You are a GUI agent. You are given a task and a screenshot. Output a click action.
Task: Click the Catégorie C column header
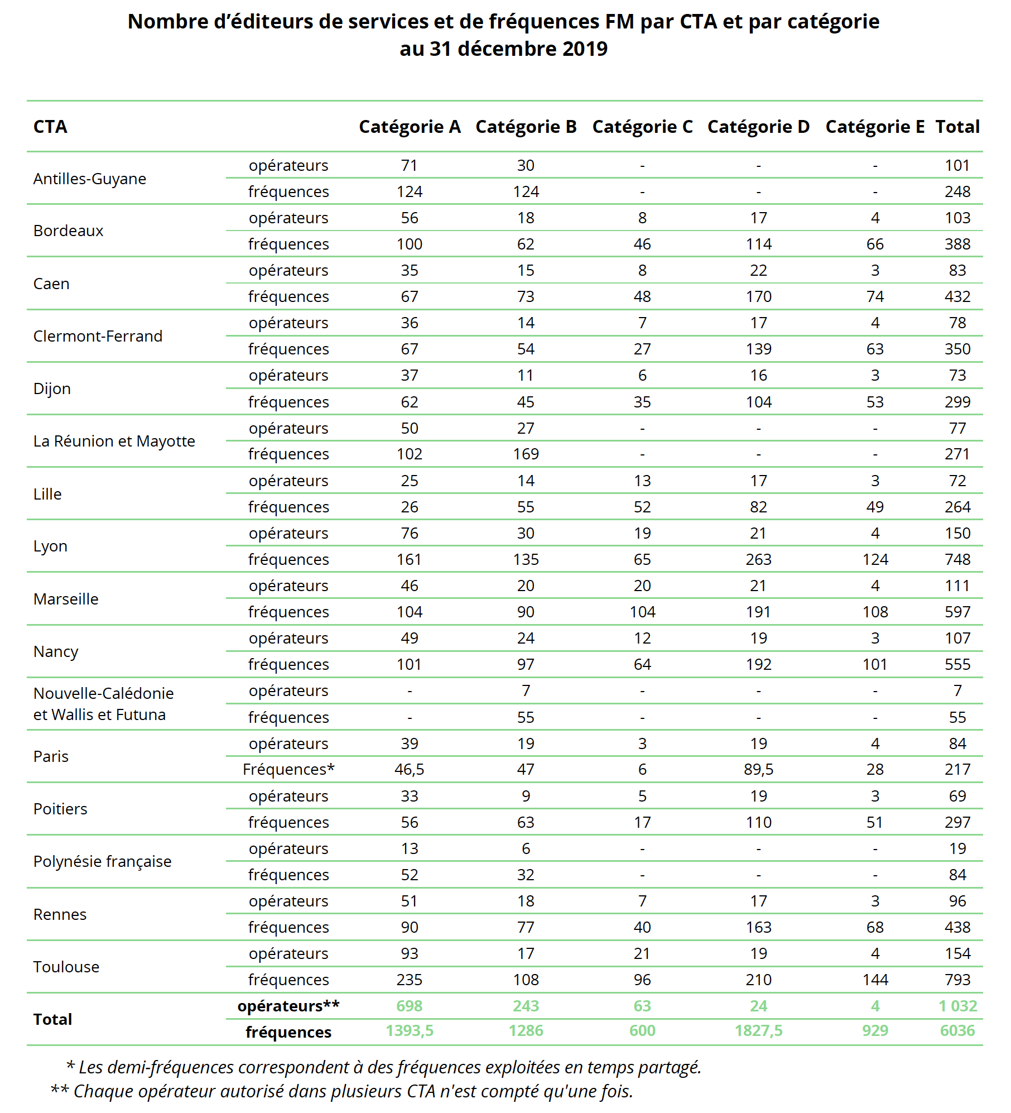(x=642, y=127)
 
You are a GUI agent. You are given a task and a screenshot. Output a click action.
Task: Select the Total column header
(x=957, y=127)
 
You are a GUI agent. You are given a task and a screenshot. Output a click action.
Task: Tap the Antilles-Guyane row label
(x=90, y=179)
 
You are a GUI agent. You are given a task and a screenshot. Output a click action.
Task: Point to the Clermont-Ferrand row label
(x=98, y=336)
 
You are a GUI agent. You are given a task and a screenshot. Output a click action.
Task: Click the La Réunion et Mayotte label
(x=114, y=441)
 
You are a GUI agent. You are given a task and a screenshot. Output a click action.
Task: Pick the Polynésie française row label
(x=102, y=861)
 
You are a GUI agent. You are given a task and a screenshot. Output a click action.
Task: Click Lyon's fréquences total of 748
(x=957, y=559)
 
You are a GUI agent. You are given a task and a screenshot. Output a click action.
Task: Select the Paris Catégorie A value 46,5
(x=409, y=769)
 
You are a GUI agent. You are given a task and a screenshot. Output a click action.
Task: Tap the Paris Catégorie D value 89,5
(x=758, y=769)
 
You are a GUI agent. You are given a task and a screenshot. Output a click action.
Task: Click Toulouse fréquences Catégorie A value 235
(x=409, y=980)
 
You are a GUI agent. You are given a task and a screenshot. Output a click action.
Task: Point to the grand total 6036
(x=957, y=1030)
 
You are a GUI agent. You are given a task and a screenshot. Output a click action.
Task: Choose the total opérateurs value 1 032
(x=957, y=1006)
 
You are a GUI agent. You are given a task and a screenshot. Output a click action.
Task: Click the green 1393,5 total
(x=409, y=1030)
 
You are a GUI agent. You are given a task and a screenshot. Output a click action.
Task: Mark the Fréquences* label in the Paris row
(x=288, y=769)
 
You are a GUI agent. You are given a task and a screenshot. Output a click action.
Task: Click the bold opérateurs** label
(x=288, y=1006)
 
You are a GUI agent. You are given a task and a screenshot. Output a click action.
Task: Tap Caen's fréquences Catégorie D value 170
(x=758, y=296)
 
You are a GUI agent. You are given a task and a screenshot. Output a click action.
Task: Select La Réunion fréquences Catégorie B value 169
(x=526, y=454)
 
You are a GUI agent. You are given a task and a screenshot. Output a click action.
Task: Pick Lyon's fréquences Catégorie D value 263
(x=758, y=559)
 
